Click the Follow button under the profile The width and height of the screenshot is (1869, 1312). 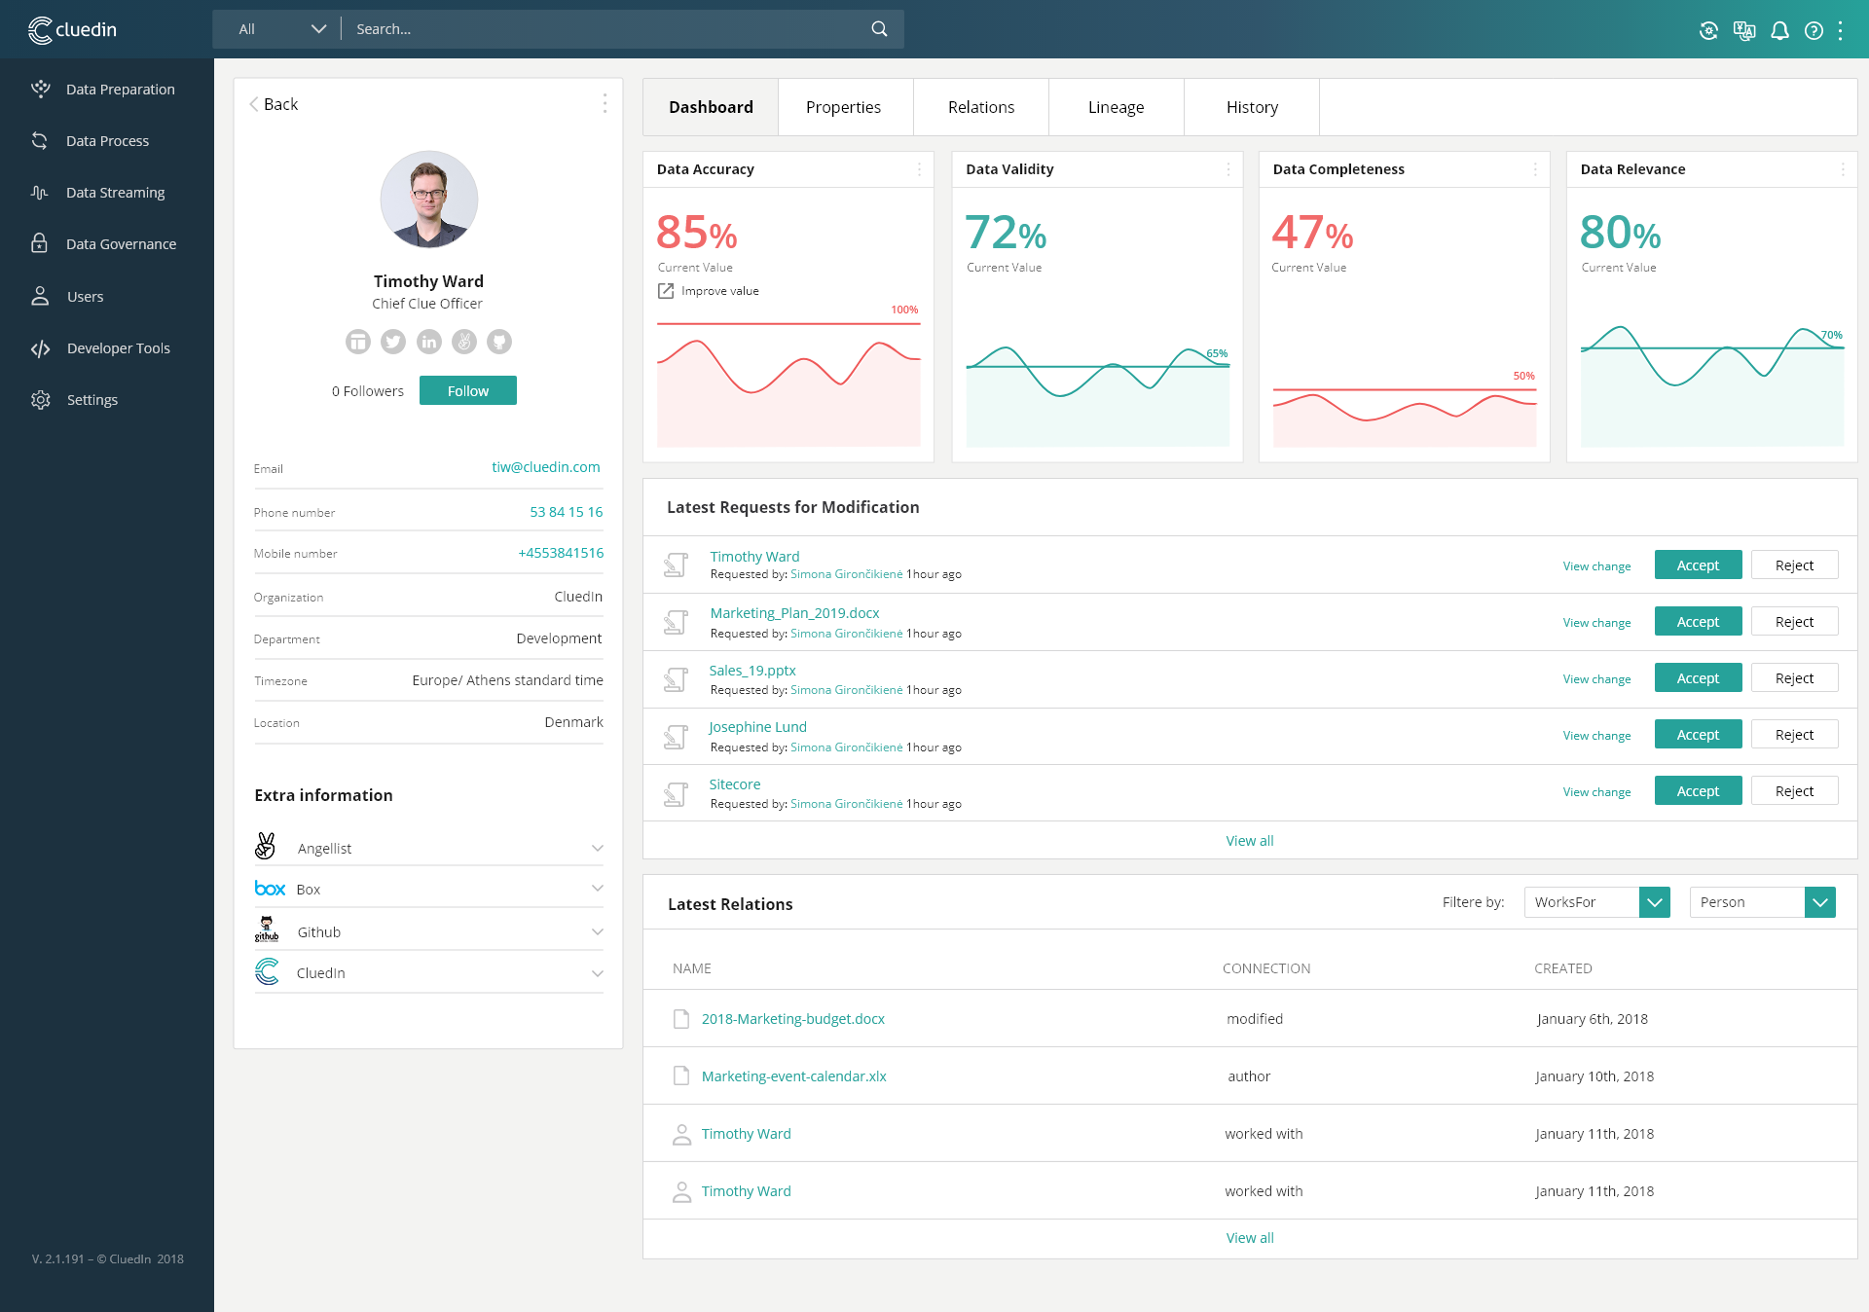(467, 390)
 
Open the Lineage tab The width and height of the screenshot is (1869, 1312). (1116, 107)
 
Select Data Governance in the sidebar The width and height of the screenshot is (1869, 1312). (121, 244)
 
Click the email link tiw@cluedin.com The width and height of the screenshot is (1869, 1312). (545, 467)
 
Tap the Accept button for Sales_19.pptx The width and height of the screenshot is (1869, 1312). (1698, 678)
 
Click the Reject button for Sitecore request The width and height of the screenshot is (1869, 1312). (1793, 791)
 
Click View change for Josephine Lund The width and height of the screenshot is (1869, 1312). (1596, 736)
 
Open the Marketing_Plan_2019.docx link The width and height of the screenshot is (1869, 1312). (794, 613)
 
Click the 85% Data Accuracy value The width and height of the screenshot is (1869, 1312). (696, 234)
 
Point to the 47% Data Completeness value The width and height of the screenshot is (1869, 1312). (1311, 234)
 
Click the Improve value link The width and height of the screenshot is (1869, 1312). (719, 291)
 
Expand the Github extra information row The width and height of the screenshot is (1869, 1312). (597, 931)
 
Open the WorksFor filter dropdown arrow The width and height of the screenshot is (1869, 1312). (1654, 902)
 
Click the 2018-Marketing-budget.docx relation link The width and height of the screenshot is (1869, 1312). (792, 1019)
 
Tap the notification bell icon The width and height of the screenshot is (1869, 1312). (1779, 30)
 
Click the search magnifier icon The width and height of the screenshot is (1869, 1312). (879, 29)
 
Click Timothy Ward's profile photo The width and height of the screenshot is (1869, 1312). (428, 200)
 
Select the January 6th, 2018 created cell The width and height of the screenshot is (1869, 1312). (1592, 1019)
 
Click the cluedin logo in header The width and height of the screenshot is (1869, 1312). (73, 30)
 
